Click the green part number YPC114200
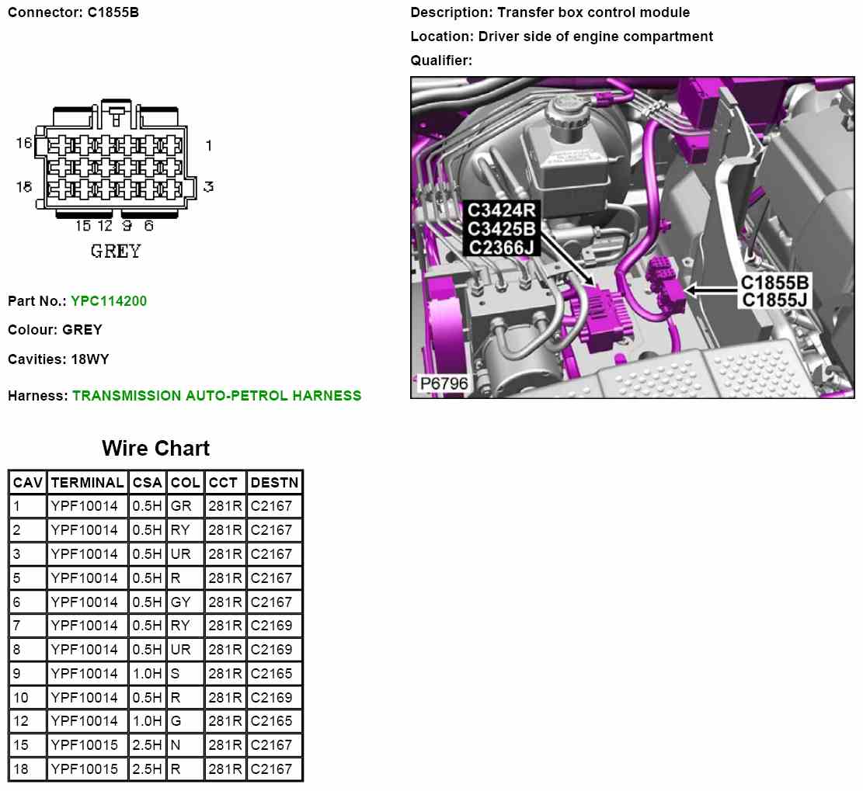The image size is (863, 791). [x=109, y=301]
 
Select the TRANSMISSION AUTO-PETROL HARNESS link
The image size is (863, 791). [x=217, y=396]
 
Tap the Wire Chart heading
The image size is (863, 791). [x=156, y=448]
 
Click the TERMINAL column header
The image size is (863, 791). [x=88, y=482]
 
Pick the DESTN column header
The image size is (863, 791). [x=274, y=482]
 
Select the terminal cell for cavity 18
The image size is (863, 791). [x=84, y=768]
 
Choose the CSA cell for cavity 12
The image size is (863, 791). [x=147, y=720]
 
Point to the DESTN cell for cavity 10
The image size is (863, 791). [x=271, y=697]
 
